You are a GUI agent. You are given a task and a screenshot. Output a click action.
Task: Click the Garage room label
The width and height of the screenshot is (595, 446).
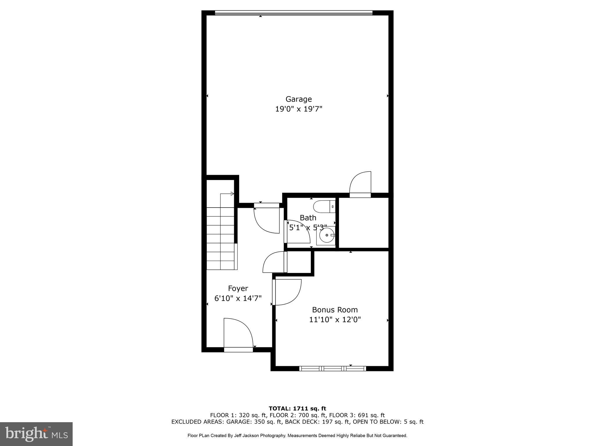click(x=299, y=99)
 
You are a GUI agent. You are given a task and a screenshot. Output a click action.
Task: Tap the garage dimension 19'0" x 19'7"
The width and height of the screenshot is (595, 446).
click(x=299, y=109)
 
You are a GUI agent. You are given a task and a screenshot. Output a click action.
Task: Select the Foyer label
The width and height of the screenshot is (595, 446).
click(x=238, y=288)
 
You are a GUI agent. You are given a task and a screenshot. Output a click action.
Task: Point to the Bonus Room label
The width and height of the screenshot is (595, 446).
click(x=335, y=310)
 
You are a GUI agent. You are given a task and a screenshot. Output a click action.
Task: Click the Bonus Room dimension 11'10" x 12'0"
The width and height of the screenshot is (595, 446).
click(x=335, y=320)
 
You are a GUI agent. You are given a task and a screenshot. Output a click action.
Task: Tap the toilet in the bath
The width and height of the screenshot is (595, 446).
click(x=323, y=206)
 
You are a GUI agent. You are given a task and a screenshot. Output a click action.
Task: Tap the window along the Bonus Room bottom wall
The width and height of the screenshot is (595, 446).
click(x=333, y=368)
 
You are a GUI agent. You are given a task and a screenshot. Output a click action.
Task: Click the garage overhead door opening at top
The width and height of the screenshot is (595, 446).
click(x=293, y=13)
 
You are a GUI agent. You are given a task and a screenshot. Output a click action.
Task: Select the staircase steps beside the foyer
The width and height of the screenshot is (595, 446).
click(x=221, y=238)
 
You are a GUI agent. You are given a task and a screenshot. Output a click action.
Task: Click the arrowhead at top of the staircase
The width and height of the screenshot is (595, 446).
click(x=232, y=194)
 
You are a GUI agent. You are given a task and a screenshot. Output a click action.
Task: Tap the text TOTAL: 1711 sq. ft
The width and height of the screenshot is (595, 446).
click(x=297, y=409)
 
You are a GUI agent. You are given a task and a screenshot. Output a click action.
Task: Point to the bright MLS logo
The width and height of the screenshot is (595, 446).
click(x=36, y=434)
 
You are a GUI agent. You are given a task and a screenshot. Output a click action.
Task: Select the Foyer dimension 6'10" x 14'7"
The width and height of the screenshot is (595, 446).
click(x=238, y=298)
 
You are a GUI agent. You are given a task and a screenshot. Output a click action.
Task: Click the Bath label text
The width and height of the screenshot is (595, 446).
click(x=308, y=217)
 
